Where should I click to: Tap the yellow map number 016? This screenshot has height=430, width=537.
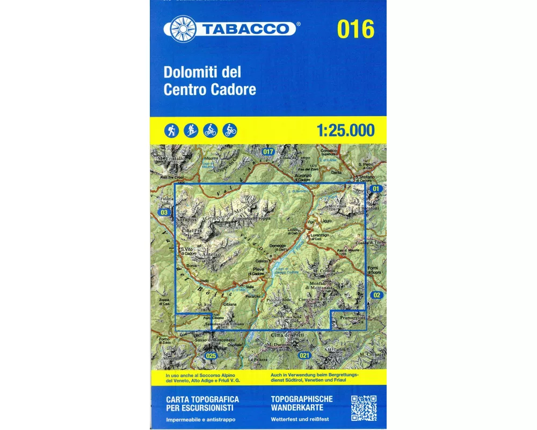[x=355, y=30]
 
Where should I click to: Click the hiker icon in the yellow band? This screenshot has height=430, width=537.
[x=171, y=130]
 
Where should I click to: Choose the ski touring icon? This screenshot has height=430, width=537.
[x=191, y=130]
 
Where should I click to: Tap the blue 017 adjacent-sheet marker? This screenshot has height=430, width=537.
[x=268, y=152]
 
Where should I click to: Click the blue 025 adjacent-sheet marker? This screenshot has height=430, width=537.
[x=211, y=356]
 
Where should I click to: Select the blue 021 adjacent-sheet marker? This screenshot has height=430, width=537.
[x=304, y=355]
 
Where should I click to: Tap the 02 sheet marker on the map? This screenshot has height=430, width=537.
[x=376, y=295]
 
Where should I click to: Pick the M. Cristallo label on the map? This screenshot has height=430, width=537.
[x=171, y=159]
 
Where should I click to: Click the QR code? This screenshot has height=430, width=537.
[x=364, y=408]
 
